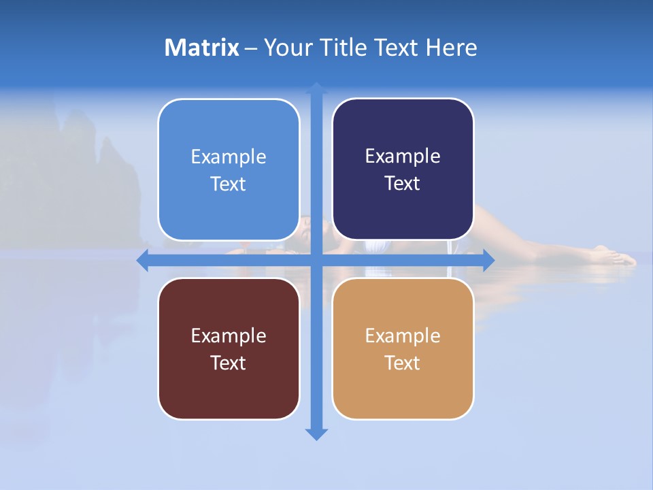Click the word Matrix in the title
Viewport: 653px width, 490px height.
click(202, 48)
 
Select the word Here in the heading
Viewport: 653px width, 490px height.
click(452, 48)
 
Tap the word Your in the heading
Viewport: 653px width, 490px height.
click(286, 48)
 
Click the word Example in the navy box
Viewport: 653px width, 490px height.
click(403, 157)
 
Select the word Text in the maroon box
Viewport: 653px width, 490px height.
click(228, 363)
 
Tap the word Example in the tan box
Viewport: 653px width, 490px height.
click(403, 336)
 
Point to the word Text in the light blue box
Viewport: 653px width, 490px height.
click(228, 184)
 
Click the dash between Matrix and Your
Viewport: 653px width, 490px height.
click(251, 48)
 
